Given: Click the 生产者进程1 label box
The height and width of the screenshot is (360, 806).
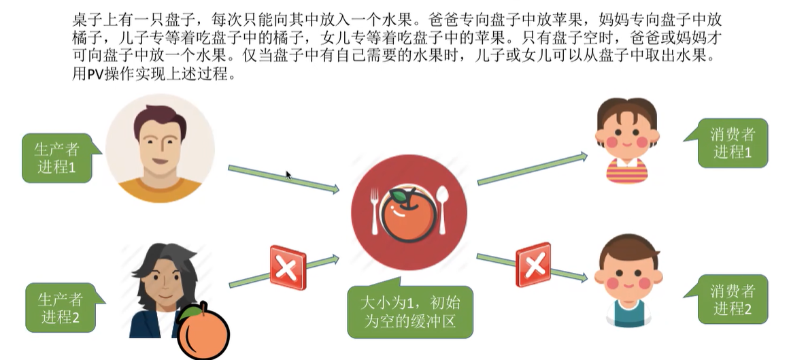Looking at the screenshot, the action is click(x=56, y=158).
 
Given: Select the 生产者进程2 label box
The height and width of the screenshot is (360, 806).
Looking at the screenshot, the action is click(x=61, y=308).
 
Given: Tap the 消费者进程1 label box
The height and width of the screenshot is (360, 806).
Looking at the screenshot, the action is click(x=732, y=143).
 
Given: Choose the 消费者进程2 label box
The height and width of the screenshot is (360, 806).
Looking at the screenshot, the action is click(x=732, y=299).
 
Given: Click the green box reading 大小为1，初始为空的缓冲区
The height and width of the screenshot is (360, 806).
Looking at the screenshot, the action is click(x=409, y=312).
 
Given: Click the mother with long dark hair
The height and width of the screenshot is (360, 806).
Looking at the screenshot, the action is click(x=161, y=289).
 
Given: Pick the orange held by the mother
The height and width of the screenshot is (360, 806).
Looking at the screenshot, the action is click(x=203, y=333).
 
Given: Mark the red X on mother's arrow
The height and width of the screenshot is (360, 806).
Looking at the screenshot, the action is click(x=288, y=267).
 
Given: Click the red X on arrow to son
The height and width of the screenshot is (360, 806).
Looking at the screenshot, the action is click(x=533, y=265).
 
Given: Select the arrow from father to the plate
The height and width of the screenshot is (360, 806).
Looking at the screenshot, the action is click(x=283, y=178).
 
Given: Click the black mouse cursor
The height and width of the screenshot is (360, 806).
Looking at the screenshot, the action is click(x=288, y=175).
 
